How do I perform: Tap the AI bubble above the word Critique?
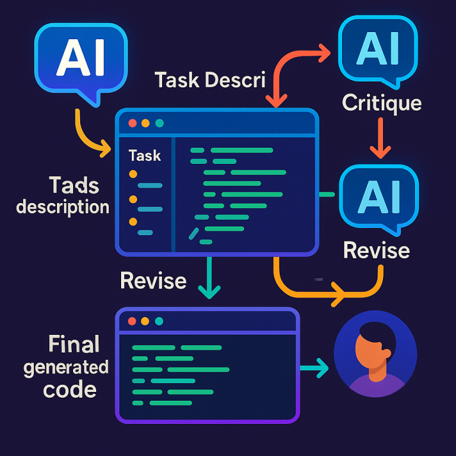tap(376, 49)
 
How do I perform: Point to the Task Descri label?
tap(210, 80)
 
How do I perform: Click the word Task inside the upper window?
tap(145, 156)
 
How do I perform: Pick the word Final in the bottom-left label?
tap(74, 344)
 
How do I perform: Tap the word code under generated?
tap(69, 389)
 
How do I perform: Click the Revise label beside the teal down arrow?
tap(153, 280)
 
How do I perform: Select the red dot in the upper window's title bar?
tap(132, 123)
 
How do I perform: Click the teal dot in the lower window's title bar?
tap(159, 321)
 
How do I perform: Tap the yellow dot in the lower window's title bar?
tap(145, 321)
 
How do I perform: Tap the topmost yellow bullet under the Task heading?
tap(133, 174)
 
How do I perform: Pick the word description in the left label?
tap(63, 207)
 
